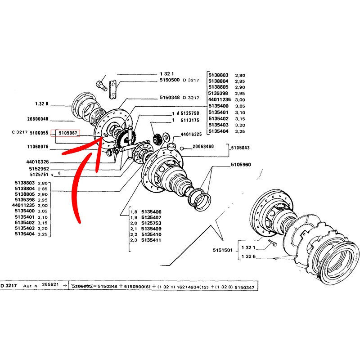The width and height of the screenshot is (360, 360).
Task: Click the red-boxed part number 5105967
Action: point(66,133)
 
